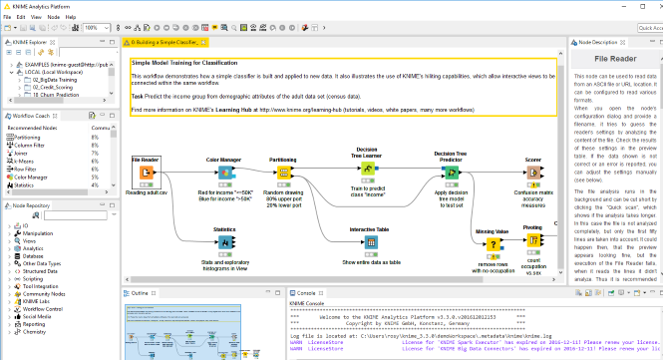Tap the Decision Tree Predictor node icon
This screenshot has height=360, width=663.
click(451, 172)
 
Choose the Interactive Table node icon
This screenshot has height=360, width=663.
click(369, 243)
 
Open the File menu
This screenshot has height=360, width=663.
click(8, 17)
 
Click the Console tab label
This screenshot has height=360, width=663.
click(306, 292)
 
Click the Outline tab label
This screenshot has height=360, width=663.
click(141, 292)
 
